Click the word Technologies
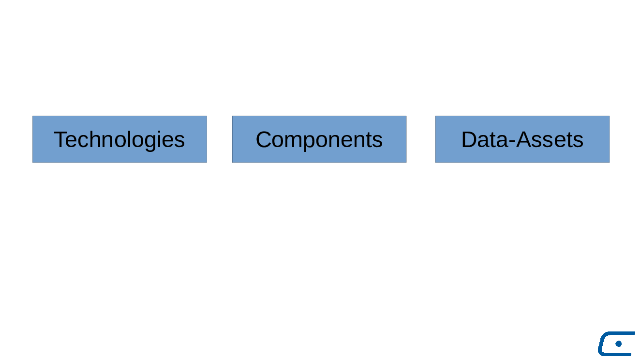119,140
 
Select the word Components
319,140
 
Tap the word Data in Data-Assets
485,139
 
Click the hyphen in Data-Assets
512,141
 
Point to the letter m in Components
294,141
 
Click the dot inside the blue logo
619,344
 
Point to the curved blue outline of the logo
601,344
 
